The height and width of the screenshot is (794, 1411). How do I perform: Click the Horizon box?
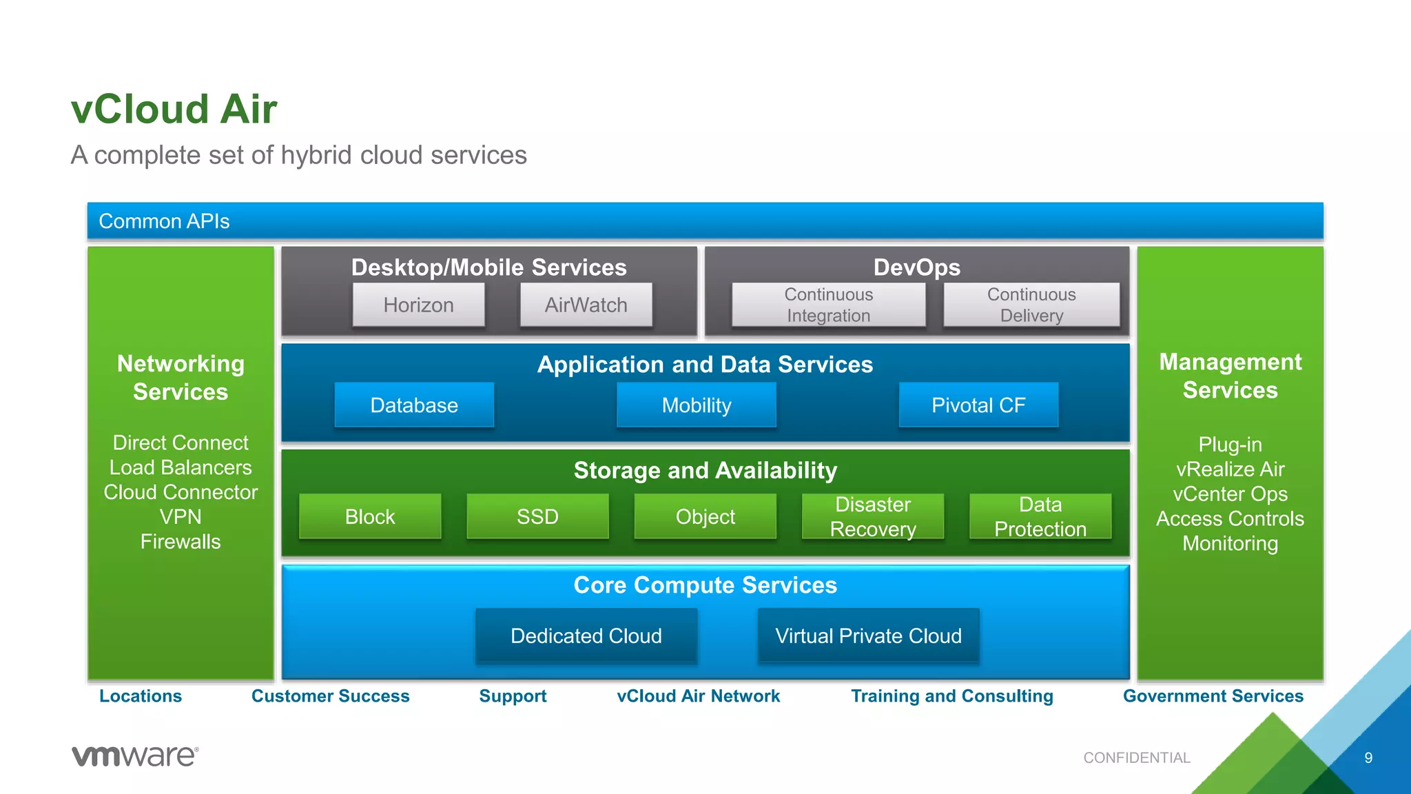point(418,305)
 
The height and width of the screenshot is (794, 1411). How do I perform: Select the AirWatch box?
point(586,305)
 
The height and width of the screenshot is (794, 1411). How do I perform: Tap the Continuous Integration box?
point(828,305)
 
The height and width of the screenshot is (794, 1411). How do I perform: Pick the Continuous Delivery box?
point(1031,305)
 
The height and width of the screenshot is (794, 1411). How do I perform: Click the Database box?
point(414,405)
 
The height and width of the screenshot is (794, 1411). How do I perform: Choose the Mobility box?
point(696,405)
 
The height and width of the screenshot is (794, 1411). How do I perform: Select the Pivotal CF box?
point(978,405)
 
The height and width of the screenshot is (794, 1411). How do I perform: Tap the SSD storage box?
point(537,516)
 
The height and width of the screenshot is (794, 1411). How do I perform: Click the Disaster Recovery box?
point(872,516)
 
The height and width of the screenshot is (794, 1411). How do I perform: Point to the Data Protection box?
point(1040,516)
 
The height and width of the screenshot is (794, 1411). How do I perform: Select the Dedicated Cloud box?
point(586,635)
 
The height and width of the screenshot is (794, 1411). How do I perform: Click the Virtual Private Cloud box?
point(868,635)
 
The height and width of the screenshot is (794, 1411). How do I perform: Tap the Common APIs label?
point(164,221)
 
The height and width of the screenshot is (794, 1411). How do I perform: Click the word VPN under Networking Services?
point(181,517)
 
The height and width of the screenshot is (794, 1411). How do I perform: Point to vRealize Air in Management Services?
point(1230,469)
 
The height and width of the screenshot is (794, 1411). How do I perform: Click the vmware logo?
point(135,756)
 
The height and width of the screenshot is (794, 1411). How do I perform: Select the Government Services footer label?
point(1213,696)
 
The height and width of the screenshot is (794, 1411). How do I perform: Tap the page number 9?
point(1368,757)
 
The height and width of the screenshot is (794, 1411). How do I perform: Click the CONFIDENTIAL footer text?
point(1136,757)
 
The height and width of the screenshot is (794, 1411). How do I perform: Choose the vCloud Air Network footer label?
point(698,696)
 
